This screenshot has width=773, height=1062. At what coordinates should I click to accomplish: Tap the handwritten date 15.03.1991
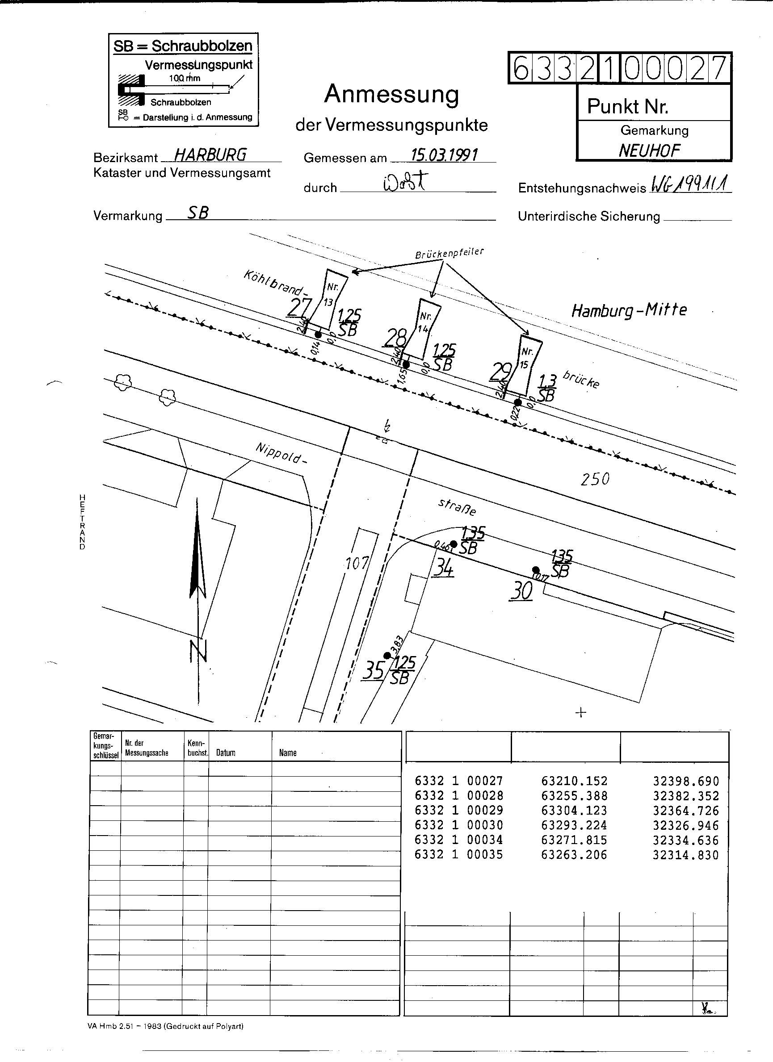[443, 155]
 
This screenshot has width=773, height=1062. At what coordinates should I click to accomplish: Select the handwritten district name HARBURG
[210, 155]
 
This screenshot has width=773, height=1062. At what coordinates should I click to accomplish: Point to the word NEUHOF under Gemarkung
[649, 151]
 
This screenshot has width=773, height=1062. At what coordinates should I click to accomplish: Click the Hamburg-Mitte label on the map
[629, 310]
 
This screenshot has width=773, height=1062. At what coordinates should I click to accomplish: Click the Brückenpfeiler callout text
[449, 253]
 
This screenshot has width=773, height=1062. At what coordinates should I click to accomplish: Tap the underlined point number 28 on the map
[395, 337]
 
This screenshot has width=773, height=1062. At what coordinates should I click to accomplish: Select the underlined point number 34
[443, 568]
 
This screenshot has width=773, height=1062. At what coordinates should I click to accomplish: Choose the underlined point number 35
[374, 670]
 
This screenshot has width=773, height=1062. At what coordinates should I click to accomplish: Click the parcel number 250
[595, 479]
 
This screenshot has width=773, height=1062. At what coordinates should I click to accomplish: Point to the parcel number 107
[357, 563]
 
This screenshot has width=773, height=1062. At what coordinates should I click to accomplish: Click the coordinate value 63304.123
[573, 811]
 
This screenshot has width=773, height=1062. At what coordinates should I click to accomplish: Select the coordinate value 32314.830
[685, 855]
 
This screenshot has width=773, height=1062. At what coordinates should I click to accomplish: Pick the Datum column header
[225, 753]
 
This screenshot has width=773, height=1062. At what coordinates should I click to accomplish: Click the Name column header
[288, 753]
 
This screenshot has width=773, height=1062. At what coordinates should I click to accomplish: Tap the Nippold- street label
[281, 453]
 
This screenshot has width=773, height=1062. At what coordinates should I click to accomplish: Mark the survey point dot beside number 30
[536, 570]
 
